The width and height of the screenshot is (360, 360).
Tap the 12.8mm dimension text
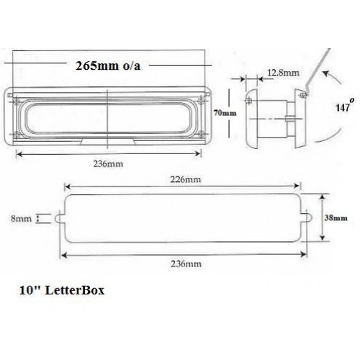pos(281,73)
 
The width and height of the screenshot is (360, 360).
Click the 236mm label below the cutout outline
pos(184,264)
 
